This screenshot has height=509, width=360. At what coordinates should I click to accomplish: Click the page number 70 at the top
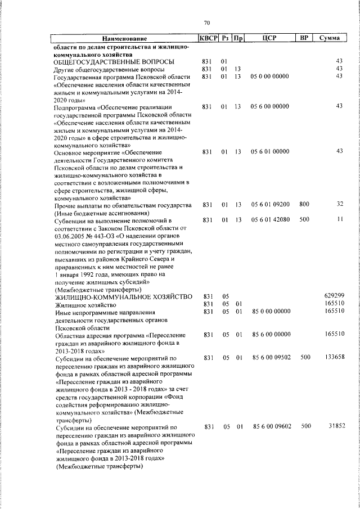(206, 22)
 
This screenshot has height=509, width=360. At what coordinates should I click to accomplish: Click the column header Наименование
(124, 38)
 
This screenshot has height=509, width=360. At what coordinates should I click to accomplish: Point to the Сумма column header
(328, 38)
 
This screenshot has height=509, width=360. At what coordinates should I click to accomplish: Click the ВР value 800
(304, 205)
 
